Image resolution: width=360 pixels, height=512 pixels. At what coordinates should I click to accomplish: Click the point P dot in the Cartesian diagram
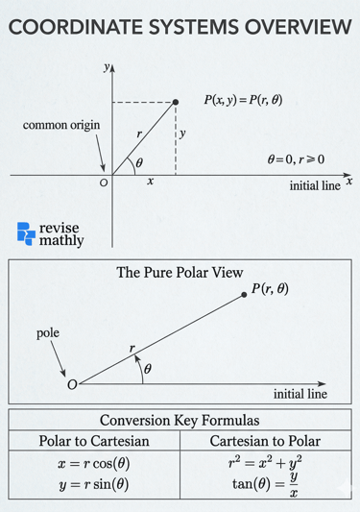click(176, 101)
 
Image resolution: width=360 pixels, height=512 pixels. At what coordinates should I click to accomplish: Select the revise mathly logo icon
click(26, 232)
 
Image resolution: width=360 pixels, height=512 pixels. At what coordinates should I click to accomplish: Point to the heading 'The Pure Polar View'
click(180, 273)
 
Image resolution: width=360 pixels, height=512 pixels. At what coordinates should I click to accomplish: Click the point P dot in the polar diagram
click(246, 297)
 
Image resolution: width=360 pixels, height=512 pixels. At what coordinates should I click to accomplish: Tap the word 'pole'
click(48, 333)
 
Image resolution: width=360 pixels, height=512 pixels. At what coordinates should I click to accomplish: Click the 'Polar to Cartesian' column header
click(93, 441)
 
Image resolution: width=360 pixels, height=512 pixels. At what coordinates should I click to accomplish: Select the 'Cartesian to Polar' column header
click(265, 441)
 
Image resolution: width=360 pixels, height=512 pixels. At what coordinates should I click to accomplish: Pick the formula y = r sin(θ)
click(93, 484)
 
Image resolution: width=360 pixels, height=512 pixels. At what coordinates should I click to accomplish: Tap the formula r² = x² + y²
click(265, 461)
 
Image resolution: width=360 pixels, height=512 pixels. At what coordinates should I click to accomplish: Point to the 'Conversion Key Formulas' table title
click(180, 420)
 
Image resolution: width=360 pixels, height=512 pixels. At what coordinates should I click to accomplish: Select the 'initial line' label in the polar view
click(300, 394)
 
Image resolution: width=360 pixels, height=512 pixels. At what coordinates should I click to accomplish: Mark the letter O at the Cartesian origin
click(104, 183)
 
